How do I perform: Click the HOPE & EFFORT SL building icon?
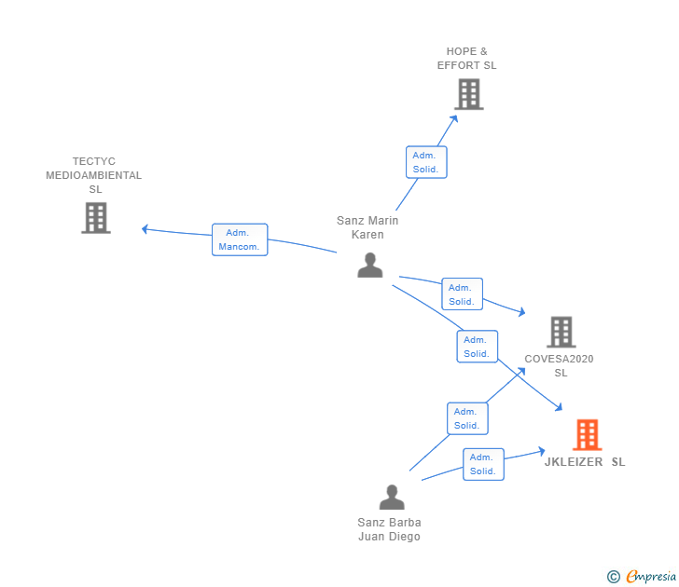tap(469, 94)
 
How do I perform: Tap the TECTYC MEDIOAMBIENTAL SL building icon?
tap(96, 218)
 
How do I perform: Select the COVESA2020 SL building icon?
tap(561, 332)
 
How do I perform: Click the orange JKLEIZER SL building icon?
tap(587, 434)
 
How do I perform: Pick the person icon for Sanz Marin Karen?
tap(370, 266)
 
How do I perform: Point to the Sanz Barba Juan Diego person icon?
tap(392, 498)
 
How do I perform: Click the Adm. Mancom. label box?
tap(240, 239)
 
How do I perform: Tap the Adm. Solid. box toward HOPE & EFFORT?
tap(426, 162)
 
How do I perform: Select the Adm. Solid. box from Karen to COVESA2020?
tap(462, 294)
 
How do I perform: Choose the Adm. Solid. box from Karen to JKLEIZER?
tap(477, 347)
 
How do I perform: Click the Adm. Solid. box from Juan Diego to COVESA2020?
tap(466, 418)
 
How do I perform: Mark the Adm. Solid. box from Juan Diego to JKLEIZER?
tap(483, 464)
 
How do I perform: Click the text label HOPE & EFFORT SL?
tap(467, 59)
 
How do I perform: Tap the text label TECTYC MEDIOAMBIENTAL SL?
tap(94, 175)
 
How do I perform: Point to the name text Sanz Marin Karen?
tap(367, 227)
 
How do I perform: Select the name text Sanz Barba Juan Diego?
tap(389, 529)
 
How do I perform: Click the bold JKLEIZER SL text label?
tap(585, 462)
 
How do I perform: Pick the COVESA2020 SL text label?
tap(560, 365)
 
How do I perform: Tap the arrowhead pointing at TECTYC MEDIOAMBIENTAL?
tap(145, 228)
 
